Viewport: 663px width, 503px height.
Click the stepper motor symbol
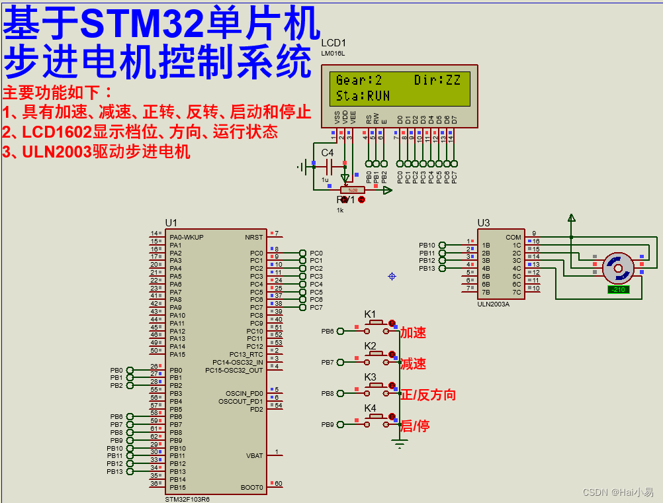pyautogui.click(x=618, y=267)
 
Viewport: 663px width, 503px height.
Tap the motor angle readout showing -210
pyautogui.click(x=618, y=289)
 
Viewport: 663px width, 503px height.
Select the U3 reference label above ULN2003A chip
pyautogui.click(x=484, y=223)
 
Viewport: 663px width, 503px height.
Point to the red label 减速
pyautogui.click(x=413, y=363)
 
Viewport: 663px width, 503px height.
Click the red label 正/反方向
pyautogui.click(x=428, y=394)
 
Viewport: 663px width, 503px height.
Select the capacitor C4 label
pyautogui.click(x=328, y=153)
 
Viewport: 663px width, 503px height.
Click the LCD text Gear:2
pyautogui.click(x=359, y=80)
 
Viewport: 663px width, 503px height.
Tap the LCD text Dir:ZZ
pyautogui.click(x=437, y=80)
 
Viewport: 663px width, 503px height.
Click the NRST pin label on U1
pyautogui.click(x=253, y=237)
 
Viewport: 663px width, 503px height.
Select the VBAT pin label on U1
pyautogui.click(x=254, y=455)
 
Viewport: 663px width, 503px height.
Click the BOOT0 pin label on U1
pyautogui.click(x=252, y=487)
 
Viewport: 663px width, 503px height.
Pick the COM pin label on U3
pyautogui.click(x=513, y=237)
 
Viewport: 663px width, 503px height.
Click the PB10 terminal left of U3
pyautogui.click(x=427, y=245)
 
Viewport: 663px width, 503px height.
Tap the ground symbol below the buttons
pyautogui.click(x=399, y=444)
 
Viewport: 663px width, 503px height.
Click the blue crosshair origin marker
pyautogui.click(x=392, y=276)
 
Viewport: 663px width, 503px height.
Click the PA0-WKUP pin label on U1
pyautogui.click(x=186, y=237)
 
